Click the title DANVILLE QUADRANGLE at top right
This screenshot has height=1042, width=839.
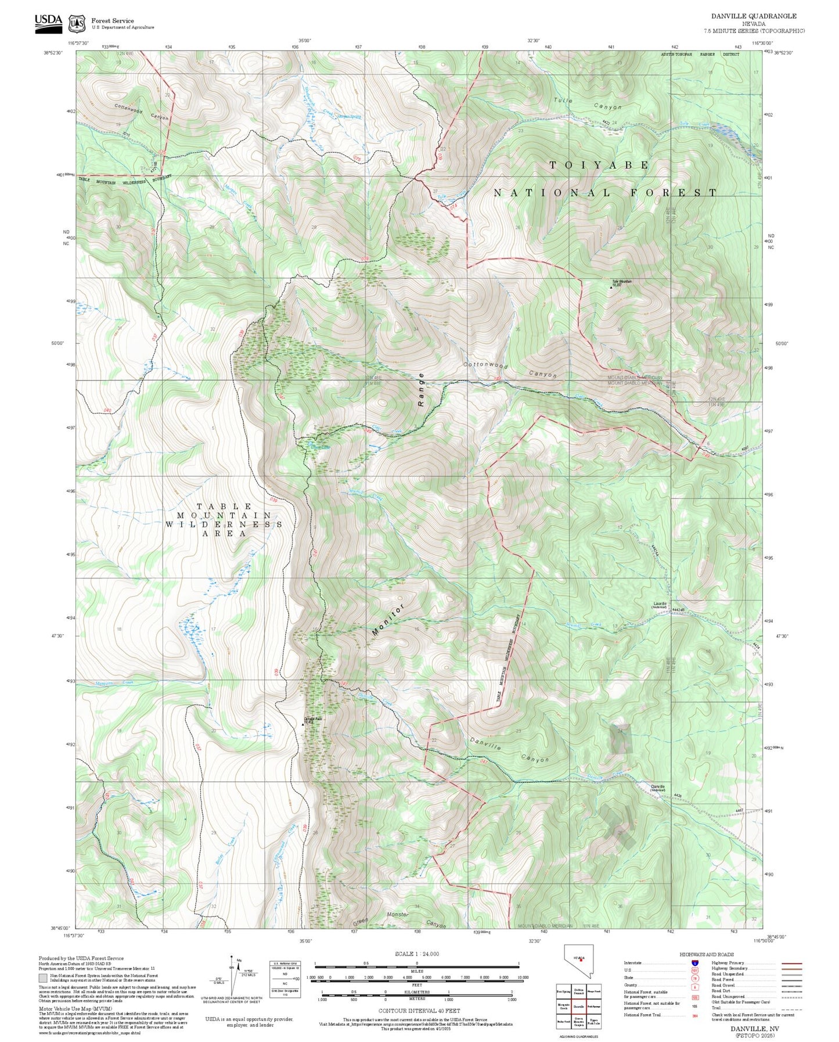point(754,16)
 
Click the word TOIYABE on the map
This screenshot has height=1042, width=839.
point(599,166)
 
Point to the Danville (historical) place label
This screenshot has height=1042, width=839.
point(657,788)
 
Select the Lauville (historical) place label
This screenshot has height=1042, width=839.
point(660,605)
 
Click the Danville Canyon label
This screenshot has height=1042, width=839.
point(509,752)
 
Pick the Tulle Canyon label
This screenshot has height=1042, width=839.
point(587,103)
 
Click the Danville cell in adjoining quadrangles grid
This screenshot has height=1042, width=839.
point(578,1007)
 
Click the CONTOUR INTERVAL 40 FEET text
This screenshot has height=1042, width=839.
point(419,1011)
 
